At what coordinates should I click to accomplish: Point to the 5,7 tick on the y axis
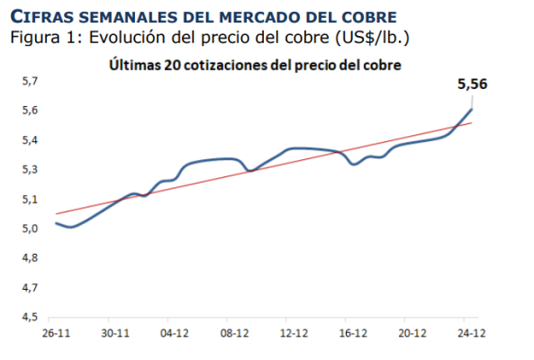30,82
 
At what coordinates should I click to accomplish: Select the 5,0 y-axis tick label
30,229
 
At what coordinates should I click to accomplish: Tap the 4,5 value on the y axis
30,317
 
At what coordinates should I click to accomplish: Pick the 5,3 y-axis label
30,170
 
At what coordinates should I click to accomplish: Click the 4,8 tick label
30,258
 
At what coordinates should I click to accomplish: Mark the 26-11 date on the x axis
56,332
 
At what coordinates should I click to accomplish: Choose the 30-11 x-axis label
115,332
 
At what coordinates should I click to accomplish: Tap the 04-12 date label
174,332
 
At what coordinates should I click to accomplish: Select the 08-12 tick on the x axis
233,332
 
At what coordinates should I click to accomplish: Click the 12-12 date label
293,332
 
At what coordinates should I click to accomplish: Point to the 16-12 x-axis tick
352,332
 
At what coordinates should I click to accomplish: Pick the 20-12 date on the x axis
412,332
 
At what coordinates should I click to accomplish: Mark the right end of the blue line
472,109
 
